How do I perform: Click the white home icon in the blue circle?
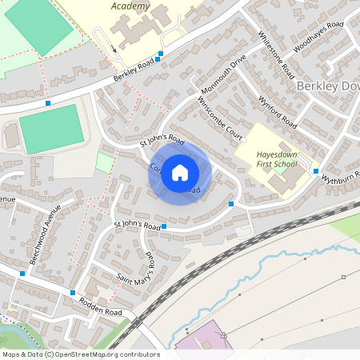coord(180,173)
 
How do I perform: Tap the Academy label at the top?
coord(129,6)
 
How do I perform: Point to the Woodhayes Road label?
coord(318,37)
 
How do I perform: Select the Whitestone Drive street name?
coord(274,54)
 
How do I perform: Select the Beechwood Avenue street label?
coord(45,236)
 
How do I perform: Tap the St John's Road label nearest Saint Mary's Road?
coord(138,225)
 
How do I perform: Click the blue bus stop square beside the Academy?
coord(160,54)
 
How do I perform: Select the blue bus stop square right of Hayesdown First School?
coord(316,171)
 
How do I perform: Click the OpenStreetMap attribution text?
coord(80,354)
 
